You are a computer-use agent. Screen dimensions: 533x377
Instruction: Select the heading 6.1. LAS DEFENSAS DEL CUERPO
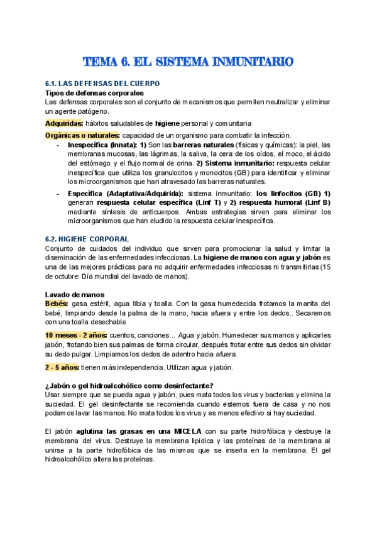point(103,84)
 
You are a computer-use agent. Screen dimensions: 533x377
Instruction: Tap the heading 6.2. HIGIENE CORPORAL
point(87,239)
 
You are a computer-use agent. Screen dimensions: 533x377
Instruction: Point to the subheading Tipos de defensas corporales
point(94,92)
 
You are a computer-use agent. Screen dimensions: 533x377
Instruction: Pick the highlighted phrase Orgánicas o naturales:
point(82,135)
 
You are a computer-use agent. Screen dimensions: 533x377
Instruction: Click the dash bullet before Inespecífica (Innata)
point(58,145)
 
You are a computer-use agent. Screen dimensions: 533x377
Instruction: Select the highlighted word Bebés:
point(56,304)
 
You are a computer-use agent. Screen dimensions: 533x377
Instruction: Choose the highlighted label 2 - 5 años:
point(62,367)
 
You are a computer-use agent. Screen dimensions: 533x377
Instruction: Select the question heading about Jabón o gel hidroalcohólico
point(129,385)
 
